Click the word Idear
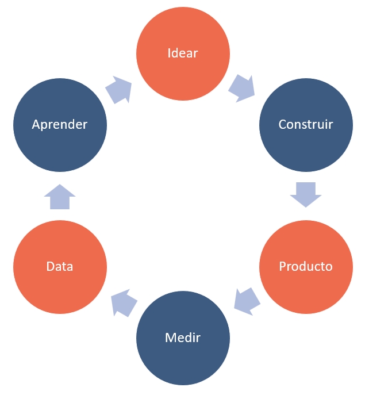(x=183, y=53)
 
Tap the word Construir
(x=305, y=124)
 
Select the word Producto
(x=305, y=267)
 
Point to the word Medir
(x=183, y=338)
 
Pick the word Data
(x=60, y=267)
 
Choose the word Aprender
(x=60, y=124)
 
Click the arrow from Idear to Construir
(x=241, y=88)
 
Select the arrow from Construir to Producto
(x=305, y=194)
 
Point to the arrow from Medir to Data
(x=124, y=302)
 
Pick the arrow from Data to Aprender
(x=60, y=197)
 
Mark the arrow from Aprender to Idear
(x=119, y=90)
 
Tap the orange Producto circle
(x=305, y=290)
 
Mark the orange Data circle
(x=60, y=290)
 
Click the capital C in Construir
(x=282, y=124)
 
